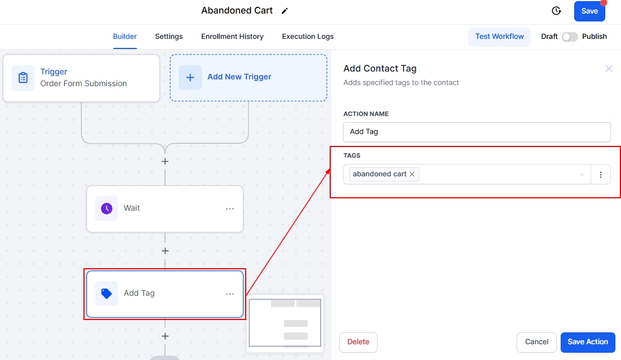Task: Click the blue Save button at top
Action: point(589,11)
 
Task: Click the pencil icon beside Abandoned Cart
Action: point(285,11)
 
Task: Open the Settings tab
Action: point(169,37)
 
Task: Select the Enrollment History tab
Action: point(232,37)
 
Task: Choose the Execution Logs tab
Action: point(308,37)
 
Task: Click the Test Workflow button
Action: point(499,37)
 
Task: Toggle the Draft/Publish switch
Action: point(570,37)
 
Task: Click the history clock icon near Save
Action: point(556,11)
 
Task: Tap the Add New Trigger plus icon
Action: point(190,77)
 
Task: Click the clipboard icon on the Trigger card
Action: point(23,78)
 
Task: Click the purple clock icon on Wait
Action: point(107,208)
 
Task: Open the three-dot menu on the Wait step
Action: point(230,208)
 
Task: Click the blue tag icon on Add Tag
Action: point(107,294)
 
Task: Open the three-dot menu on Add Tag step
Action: point(230,294)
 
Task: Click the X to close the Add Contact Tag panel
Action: point(609,69)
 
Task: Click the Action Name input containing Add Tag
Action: point(477,132)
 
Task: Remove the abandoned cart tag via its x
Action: point(412,174)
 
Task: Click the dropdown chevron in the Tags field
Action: point(582,175)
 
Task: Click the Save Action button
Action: point(588,342)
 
